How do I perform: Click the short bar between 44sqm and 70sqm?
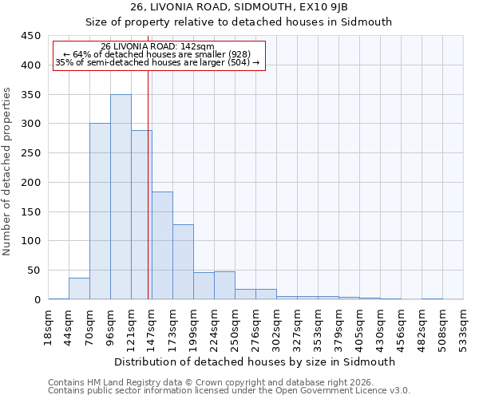79,289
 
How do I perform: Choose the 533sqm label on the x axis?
464,327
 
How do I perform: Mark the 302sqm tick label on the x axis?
277,327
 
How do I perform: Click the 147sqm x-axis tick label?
152,327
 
